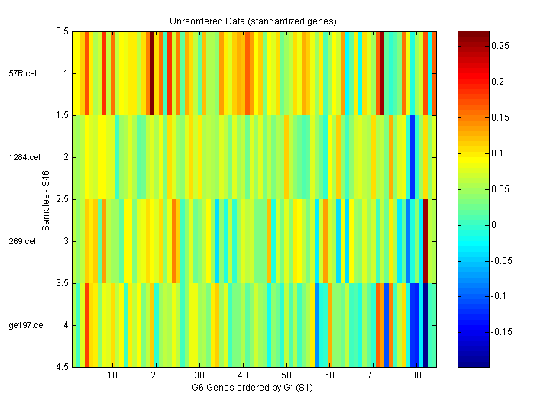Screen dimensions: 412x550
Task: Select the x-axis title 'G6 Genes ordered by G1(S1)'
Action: click(253, 388)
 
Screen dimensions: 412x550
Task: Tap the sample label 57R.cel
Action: click(21, 73)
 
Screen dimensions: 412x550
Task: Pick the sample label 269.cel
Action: click(22, 241)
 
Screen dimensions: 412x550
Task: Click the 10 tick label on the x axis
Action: click(112, 376)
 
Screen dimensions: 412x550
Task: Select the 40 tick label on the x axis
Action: click(242, 376)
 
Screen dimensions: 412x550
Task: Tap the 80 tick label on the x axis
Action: click(416, 376)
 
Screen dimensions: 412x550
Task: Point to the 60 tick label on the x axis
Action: click(329, 376)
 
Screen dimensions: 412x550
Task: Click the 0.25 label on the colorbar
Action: click(502, 46)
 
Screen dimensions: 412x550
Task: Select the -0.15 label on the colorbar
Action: click(503, 332)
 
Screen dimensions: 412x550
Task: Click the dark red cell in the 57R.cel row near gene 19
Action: click(151, 73)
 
